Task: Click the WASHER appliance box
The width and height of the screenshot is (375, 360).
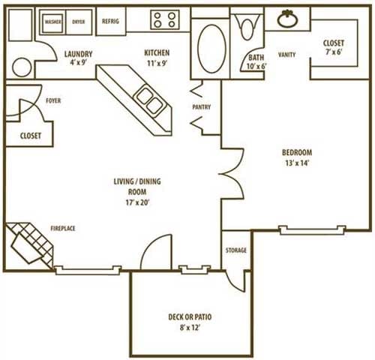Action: [x=53, y=22]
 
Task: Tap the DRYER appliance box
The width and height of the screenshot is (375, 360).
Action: [x=79, y=22]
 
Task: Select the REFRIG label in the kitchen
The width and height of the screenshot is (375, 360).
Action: [x=110, y=22]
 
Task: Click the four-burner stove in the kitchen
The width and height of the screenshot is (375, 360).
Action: [x=164, y=19]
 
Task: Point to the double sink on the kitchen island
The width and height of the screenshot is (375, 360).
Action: [x=148, y=101]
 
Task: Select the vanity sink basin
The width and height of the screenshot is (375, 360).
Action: [x=287, y=19]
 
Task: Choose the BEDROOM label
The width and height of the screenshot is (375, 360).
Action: [x=297, y=152]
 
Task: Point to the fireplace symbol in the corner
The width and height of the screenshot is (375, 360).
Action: [x=30, y=244]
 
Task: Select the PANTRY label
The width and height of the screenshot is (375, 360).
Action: [x=201, y=107]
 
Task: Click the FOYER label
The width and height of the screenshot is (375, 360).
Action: [x=52, y=100]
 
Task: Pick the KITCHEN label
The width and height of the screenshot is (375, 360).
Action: [x=157, y=53]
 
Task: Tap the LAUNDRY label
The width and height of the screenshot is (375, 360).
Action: [x=78, y=54]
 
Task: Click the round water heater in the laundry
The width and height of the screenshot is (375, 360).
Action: [x=22, y=67]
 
